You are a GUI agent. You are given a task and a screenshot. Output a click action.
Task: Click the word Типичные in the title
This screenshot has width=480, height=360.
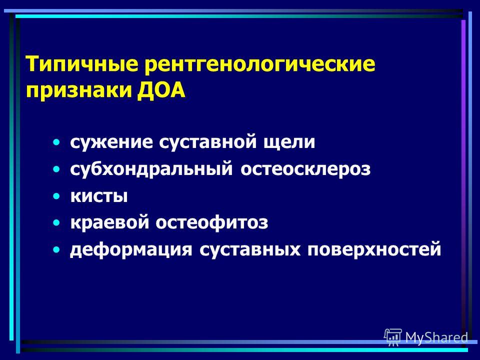[x=82, y=64]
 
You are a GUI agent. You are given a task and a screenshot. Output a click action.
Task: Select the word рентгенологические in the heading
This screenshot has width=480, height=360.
[x=260, y=64]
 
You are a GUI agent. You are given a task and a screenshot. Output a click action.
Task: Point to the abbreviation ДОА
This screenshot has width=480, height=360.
[x=161, y=90]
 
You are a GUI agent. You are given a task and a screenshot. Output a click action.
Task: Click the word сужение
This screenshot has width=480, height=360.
[x=111, y=141]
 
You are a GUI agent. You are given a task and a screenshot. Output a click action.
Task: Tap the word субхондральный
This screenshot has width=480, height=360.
[x=151, y=168]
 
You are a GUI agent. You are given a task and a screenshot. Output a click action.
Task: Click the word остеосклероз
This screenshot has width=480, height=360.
[x=305, y=169]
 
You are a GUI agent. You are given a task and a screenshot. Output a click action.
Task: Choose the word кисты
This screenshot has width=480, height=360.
[x=99, y=196]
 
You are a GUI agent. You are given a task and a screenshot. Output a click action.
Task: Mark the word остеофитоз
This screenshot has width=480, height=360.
[x=212, y=222]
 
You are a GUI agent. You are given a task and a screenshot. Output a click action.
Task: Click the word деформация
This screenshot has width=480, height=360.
[x=131, y=249]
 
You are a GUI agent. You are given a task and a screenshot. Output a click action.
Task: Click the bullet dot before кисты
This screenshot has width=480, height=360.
[x=56, y=196]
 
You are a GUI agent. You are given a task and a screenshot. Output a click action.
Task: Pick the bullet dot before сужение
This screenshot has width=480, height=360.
[x=56, y=142]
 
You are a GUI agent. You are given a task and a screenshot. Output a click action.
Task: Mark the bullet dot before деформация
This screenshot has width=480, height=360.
[x=56, y=250]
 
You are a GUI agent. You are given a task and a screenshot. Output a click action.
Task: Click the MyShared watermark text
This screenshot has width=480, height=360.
[x=436, y=337]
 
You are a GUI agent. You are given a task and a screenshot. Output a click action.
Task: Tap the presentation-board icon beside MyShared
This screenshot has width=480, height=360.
[x=393, y=336]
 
